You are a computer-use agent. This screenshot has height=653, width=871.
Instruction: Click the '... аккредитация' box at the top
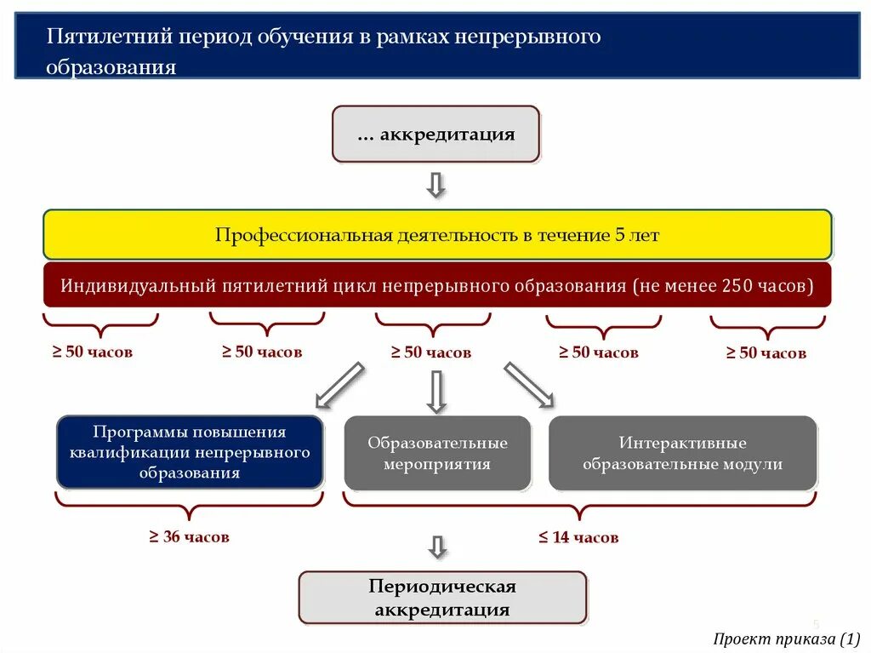tap(435, 135)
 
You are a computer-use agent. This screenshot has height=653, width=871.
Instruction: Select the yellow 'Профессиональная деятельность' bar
tap(437, 235)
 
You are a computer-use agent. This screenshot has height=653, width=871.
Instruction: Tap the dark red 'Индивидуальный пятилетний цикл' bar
tap(437, 285)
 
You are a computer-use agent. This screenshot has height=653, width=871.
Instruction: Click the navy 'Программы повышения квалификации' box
tap(190, 452)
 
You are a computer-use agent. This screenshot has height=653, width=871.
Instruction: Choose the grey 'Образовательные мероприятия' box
tap(437, 453)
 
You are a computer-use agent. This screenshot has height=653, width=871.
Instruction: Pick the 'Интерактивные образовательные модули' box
tap(682, 453)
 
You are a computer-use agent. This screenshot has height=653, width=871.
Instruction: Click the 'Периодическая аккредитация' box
tap(442, 598)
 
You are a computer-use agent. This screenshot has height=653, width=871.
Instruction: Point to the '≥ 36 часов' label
tap(190, 536)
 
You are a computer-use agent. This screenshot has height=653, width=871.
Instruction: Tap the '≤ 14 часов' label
tap(578, 537)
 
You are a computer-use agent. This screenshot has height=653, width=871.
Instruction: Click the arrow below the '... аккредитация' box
tap(436, 185)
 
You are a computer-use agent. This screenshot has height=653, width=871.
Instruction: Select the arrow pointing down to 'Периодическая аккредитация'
tap(437, 547)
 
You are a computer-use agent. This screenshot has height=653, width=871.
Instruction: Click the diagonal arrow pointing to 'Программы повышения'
tap(340, 385)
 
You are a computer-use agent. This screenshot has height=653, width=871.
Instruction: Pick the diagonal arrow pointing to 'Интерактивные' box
tap(529, 385)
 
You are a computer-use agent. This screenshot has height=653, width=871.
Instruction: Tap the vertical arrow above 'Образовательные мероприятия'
tap(436, 392)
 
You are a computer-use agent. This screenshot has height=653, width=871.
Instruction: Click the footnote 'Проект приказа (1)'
tap(787, 639)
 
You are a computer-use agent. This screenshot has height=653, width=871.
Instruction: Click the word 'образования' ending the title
tap(111, 68)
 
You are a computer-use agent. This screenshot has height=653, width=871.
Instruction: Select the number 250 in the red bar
tap(737, 286)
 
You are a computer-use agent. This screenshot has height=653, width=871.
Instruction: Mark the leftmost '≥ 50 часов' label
tap(94, 352)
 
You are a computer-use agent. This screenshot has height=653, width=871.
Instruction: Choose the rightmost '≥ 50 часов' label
tap(766, 353)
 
